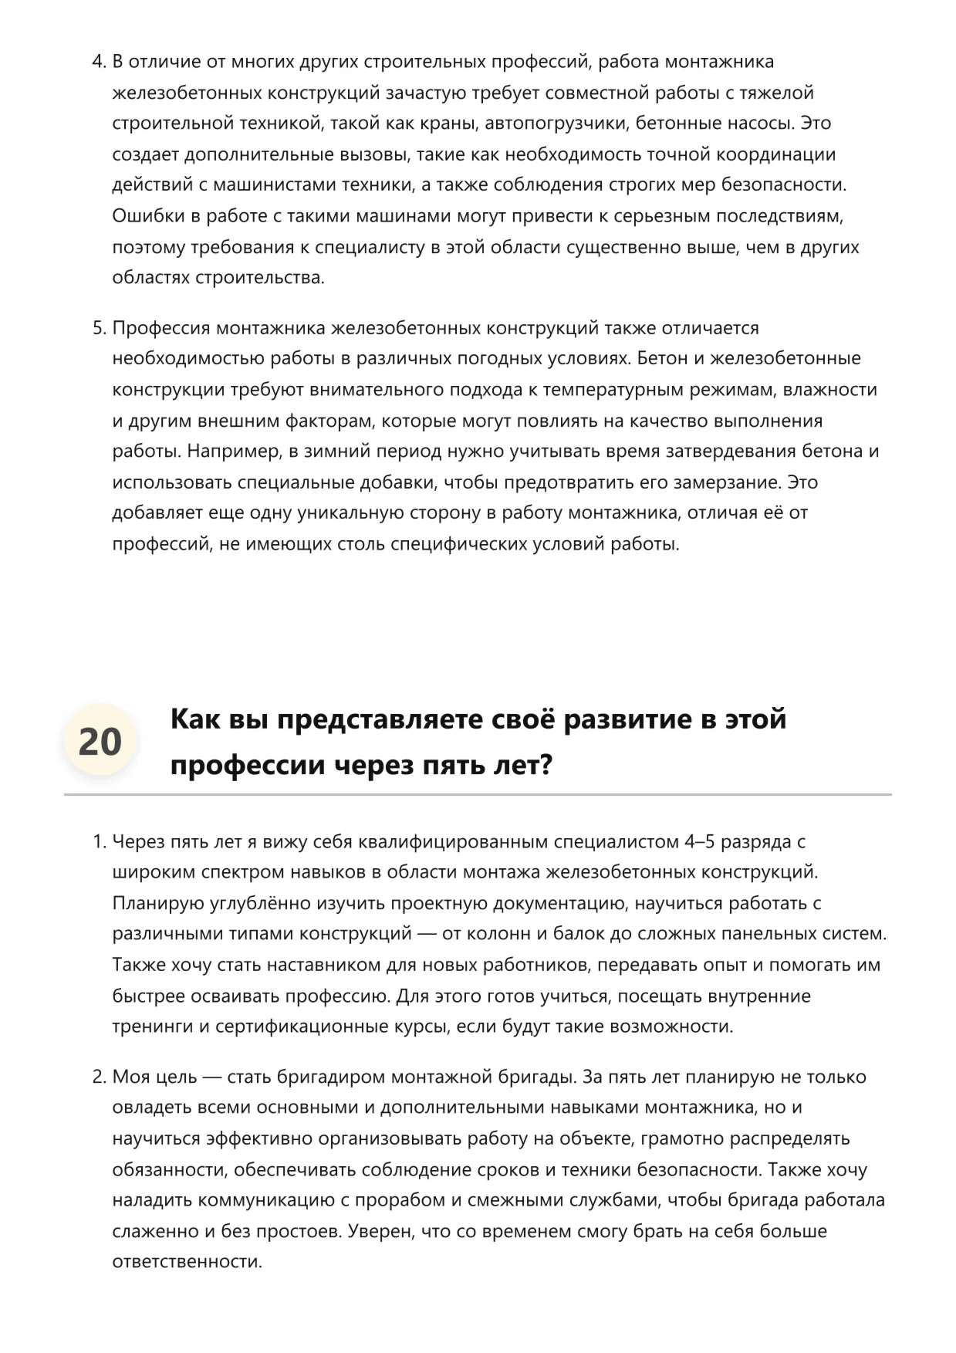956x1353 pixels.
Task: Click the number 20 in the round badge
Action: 100,742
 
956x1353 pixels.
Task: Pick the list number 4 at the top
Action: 98,62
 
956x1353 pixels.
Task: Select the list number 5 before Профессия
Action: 98,328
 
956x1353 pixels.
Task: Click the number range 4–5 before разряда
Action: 700,841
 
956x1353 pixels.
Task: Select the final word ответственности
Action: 187,1262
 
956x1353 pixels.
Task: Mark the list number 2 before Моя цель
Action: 98,1077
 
